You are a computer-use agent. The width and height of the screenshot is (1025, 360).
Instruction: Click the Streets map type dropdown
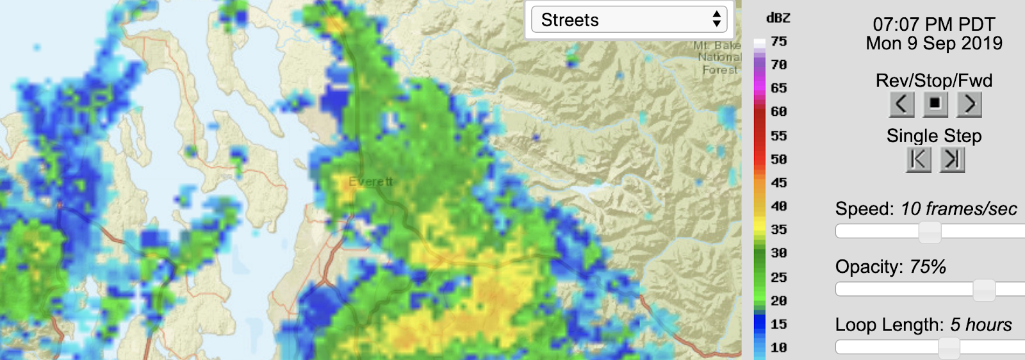click(x=628, y=20)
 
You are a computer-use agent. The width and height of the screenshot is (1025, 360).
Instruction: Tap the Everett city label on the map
click(x=370, y=182)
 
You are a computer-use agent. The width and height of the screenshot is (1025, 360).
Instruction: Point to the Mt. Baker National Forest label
click(x=718, y=58)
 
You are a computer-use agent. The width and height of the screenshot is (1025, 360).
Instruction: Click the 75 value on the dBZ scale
click(x=779, y=42)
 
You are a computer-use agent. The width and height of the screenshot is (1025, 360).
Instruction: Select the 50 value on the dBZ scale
click(x=779, y=160)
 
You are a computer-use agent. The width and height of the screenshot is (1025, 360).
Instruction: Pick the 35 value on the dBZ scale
click(x=779, y=229)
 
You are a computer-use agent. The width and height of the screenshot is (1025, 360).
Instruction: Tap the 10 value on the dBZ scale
click(x=779, y=348)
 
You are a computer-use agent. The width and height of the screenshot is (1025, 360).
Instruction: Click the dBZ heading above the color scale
click(x=778, y=19)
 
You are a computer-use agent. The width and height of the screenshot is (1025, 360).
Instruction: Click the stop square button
click(x=935, y=104)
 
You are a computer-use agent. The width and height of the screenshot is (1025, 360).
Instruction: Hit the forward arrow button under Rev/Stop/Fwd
click(x=969, y=104)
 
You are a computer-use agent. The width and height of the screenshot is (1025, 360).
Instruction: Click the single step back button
click(x=918, y=160)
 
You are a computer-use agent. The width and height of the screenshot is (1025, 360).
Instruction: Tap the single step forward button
click(x=952, y=160)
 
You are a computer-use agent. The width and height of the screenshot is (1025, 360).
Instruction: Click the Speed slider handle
click(x=930, y=232)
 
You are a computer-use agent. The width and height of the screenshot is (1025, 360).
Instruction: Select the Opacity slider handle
click(x=984, y=290)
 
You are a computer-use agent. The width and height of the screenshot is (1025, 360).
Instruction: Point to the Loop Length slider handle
click(x=949, y=348)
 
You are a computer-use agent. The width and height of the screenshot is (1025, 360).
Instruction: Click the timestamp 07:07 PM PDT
click(x=933, y=24)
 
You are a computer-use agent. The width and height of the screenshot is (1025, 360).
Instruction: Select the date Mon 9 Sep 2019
click(x=933, y=44)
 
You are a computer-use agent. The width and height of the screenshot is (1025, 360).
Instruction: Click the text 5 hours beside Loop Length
click(x=980, y=325)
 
